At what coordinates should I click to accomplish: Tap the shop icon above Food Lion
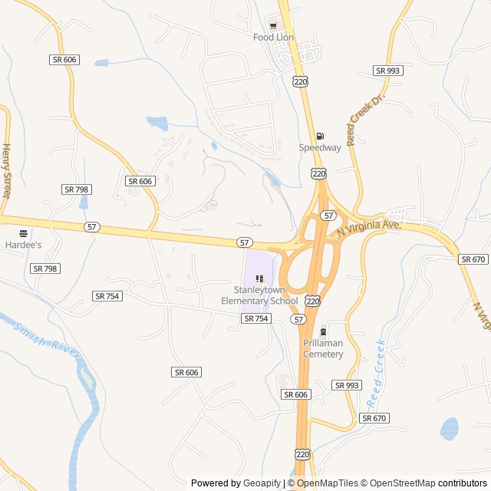point(272,25)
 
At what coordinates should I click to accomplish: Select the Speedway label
point(320,147)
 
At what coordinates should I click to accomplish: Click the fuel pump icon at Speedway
point(320,137)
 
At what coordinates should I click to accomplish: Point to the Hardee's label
point(23,244)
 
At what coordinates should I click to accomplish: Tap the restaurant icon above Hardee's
point(23,233)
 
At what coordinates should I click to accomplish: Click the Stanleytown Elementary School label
point(259,295)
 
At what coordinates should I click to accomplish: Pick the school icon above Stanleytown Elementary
point(259,278)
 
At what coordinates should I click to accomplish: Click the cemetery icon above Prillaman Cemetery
point(323,332)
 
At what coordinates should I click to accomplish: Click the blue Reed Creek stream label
point(375,372)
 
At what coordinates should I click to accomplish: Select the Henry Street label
point(7,171)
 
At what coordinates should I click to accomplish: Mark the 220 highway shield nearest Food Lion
point(301,81)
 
